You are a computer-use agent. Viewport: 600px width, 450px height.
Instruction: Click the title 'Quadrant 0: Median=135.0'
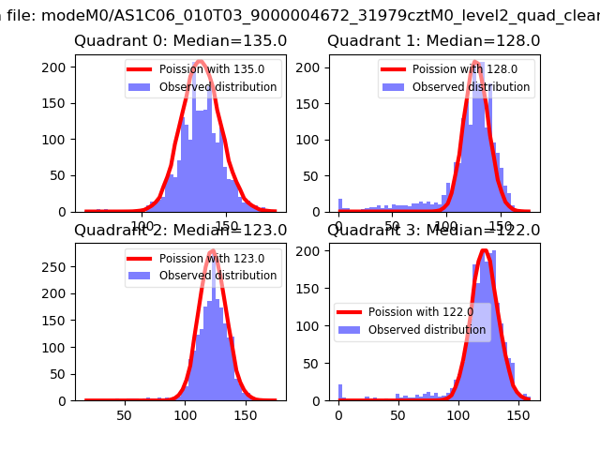tap(180, 41)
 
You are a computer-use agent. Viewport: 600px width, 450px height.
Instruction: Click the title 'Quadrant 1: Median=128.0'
tap(433, 41)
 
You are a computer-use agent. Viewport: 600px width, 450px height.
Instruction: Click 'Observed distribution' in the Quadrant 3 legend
tap(427, 330)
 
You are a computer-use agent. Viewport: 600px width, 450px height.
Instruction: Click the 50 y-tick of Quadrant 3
tap(315, 364)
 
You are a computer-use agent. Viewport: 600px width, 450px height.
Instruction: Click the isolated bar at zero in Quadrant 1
tap(339, 205)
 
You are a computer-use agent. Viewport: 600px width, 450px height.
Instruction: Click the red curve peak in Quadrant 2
tap(212, 251)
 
